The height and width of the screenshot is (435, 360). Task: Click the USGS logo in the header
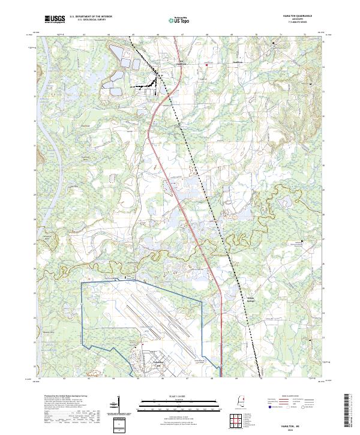pos(55,19)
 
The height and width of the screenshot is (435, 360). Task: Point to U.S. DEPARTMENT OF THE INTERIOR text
pos(91,17)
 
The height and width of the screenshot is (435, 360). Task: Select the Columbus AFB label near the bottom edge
pos(142,362)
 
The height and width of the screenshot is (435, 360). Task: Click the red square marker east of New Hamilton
pos(207,65)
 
